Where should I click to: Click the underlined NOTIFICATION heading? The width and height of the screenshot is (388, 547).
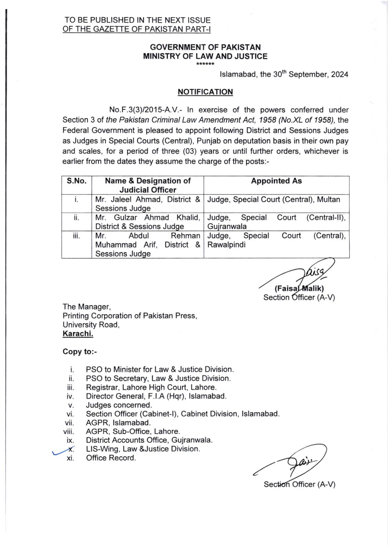coord(205,92)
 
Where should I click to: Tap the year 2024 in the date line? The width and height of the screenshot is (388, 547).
coord(340,75)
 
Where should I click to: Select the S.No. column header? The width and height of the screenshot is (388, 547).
coord(77,181)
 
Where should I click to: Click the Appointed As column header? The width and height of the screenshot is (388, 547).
coord(276,181)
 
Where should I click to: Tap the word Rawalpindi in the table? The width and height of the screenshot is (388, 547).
coord(227,245)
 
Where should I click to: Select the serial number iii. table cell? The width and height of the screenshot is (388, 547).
coord(77,236)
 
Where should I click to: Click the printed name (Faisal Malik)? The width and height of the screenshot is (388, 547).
coord(299,289)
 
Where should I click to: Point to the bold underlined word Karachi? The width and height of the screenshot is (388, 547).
coord(78,334)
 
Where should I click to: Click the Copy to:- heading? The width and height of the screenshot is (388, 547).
coord(80,352)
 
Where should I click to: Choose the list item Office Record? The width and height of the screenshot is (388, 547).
coord(111,458)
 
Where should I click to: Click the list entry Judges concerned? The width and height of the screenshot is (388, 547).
coord(119,405)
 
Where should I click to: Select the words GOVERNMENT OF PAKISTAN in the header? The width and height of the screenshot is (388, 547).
coord(205,47)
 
